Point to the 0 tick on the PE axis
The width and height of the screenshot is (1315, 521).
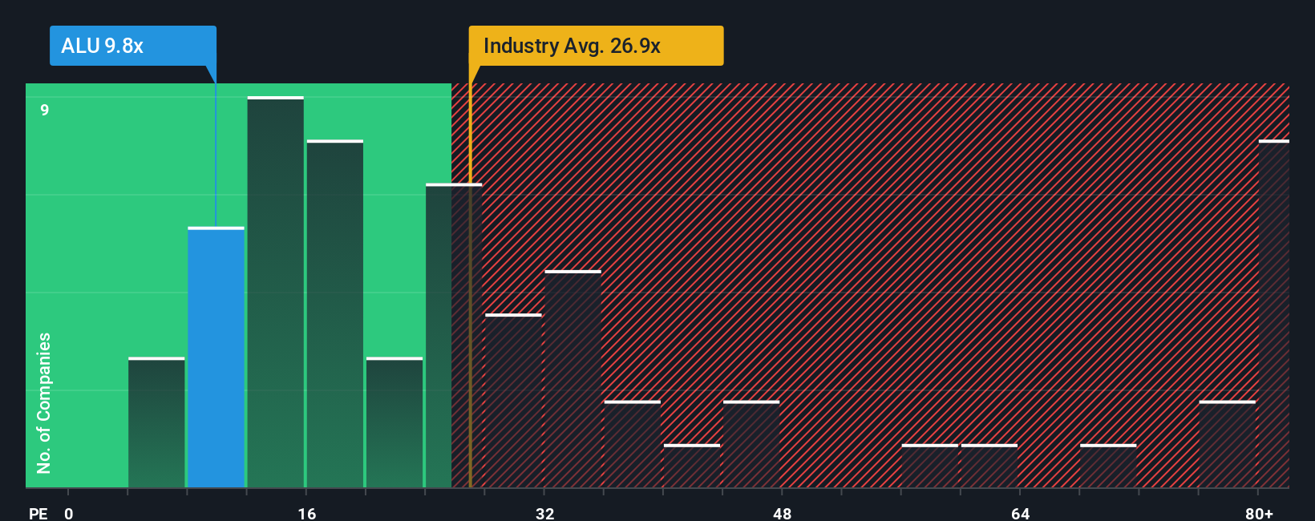(69, 513)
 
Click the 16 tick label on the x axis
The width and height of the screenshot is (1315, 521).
(306, 513)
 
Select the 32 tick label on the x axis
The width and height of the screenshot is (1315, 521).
(544, 513)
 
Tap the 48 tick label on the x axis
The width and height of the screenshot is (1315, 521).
(782, 513)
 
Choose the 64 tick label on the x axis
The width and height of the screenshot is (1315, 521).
(1020, 513)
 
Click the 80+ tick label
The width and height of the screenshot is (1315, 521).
(1259, 513)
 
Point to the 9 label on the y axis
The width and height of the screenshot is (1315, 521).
(45, 110)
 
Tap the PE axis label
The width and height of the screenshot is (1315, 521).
(38, 513)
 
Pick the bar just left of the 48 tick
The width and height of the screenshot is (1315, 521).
(751, 444)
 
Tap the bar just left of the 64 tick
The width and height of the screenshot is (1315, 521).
(989, 466)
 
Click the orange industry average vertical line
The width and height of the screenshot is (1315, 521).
(471, 321)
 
